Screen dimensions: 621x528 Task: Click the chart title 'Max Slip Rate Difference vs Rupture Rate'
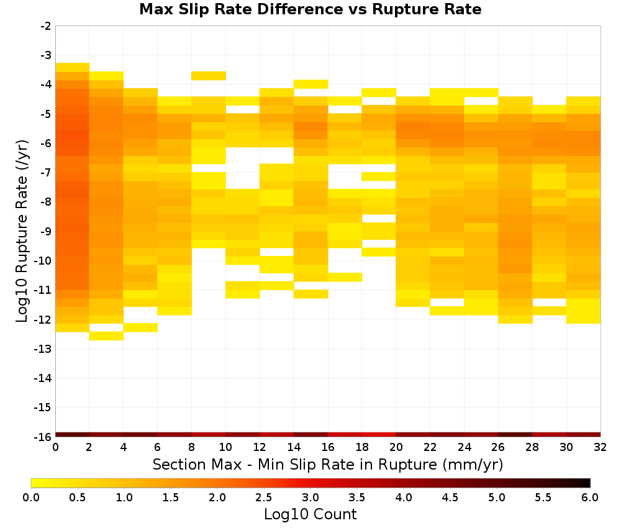(310, 9)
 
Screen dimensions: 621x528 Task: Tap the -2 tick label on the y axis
(46, 26)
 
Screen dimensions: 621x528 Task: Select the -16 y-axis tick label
(43, 437)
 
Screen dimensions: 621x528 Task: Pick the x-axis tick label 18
(362, 447)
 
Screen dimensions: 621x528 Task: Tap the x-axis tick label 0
(55, 447)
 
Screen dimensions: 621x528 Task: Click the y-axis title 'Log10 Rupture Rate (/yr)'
(22, 231)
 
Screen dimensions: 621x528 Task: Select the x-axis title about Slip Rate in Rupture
(328, 464)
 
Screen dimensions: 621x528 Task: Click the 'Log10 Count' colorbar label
(310, 514)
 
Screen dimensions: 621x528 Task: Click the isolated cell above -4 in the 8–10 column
(209, 76)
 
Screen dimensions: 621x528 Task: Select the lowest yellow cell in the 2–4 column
(107, 336)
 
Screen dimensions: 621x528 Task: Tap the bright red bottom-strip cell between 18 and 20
(379, 435)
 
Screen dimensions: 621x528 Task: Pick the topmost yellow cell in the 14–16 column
(311, 84)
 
